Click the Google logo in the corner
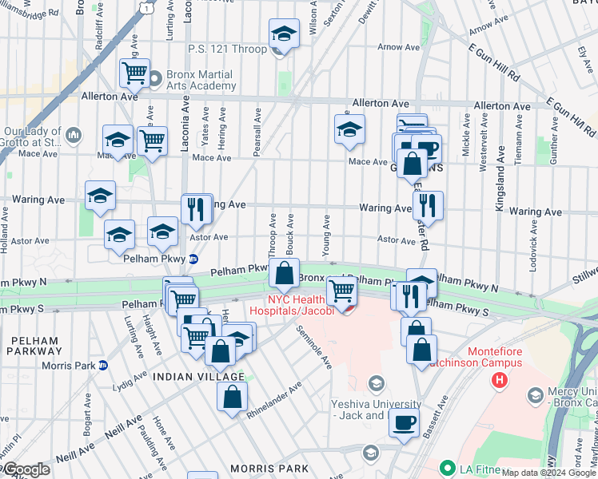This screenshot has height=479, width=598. click(x=26, y=470)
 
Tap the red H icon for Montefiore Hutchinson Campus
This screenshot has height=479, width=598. click(x=500, y=378)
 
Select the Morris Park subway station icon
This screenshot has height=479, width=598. click(x=102, y=366)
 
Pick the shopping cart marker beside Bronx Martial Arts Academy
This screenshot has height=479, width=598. click(x=135, y=73)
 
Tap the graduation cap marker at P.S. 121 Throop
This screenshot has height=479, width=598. click(x=283, y=34)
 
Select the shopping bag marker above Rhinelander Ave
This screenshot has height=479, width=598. click(x=232, y=397)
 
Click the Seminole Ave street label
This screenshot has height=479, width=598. click(x=313, y=347)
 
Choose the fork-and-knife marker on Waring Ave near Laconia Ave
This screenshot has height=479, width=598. click(x=196, y=209)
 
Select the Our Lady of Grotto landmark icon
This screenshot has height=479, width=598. click(x=74, y=134)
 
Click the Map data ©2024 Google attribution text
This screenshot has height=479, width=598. click(x=548, y=472)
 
